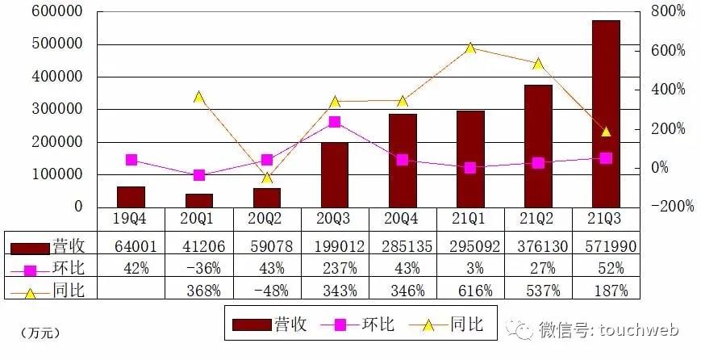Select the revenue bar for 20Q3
tap(334, 175)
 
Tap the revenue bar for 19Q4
tap(131, 197)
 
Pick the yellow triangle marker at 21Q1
tap(470, 48)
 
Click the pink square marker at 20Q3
tap(335, 122)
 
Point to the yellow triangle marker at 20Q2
tap(267, 178)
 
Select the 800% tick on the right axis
tap(669, 12)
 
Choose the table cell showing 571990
tap(606, 245)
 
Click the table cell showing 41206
tap(199, 245)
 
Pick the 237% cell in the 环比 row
tap(334, 268)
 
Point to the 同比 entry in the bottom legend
tap(465, 324)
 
